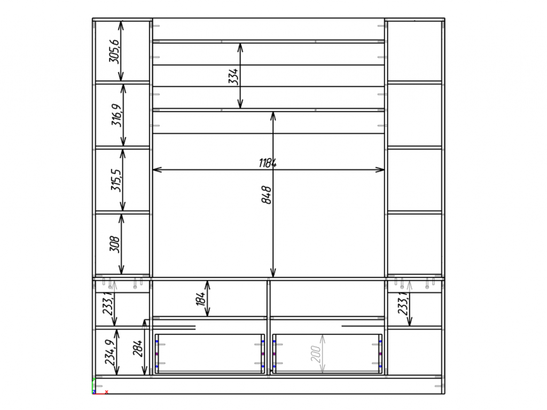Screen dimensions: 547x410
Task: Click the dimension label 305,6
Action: coord(114,51)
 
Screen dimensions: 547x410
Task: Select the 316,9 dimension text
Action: coord(116,115)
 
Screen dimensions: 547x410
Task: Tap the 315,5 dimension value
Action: coord(116,180)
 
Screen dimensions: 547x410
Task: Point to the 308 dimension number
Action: coord(114,244)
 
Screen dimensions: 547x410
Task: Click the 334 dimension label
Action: coord(233,76)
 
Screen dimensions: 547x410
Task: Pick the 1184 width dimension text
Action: coord(268,163)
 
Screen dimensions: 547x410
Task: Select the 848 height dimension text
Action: coord(266,195)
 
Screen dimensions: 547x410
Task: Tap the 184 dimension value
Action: coord(200,299)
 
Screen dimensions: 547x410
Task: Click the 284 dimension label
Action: coord(137,348)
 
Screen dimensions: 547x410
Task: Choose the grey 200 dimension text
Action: coord(315,354)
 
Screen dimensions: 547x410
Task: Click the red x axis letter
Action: coord(106,392)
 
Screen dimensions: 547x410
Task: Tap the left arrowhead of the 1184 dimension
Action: coord(157,169)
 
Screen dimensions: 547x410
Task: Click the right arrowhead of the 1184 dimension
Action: coord(380,170)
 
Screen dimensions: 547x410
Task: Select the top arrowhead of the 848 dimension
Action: coord(273,116)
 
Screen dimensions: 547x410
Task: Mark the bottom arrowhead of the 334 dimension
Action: coord(240,104)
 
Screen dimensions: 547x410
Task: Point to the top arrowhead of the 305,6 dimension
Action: coord(121,26)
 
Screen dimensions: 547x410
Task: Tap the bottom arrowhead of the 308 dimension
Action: coord(121,270)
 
